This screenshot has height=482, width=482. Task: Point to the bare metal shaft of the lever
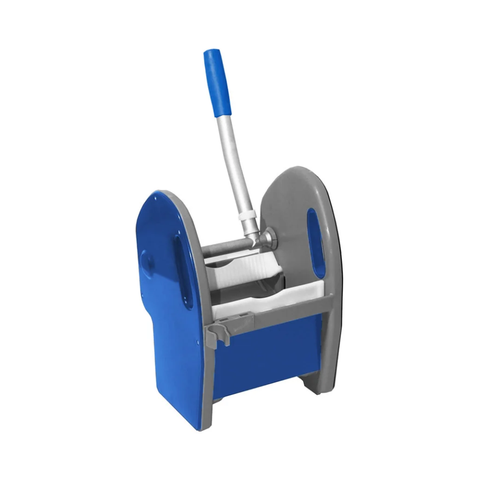point(233,160)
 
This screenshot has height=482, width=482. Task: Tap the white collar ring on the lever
point(249,216)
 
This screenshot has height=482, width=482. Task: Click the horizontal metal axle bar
point(226,246)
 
